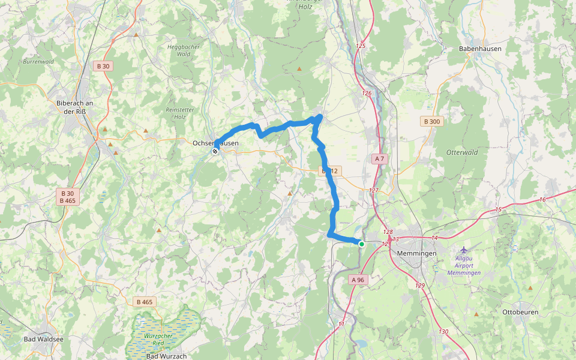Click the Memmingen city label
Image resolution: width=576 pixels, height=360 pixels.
click(417, 253)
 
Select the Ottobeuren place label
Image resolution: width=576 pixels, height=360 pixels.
click(520, 313)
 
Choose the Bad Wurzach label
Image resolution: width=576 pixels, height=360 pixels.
click(166, 356)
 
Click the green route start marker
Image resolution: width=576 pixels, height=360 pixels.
click(361, 244)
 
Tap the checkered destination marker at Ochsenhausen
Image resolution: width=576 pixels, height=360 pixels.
click(214, 151)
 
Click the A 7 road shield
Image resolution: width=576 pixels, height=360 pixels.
click(379, 159)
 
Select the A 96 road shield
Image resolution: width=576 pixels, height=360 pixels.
click(358, 280)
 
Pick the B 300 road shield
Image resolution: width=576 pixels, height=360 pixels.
click(431, 122)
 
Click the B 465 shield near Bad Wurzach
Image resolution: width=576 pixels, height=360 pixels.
click(144, 302)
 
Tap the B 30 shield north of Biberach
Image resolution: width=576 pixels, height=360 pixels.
click(103, 66)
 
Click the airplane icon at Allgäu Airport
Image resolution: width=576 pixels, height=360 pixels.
click(464, 249)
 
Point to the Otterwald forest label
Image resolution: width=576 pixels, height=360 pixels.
click(462, 152)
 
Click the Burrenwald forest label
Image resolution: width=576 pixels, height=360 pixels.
click(38, 61)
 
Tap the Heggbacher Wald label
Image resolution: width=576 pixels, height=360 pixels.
click(179, 49)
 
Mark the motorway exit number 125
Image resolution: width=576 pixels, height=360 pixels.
click(361, 46)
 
